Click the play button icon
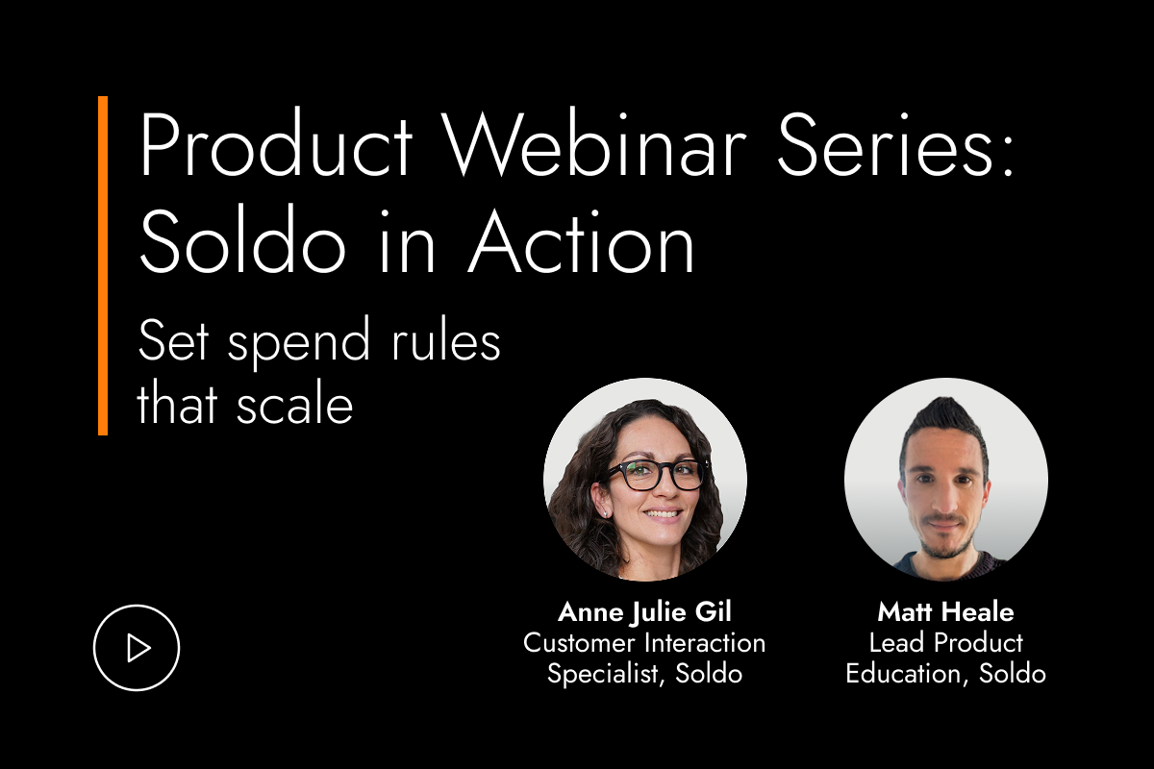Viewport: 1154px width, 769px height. pos(137,648)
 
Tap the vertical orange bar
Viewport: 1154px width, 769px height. pos(103,265)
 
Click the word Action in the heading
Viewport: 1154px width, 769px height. pos(581,240)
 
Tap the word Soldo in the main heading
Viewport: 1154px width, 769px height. pos(242,238)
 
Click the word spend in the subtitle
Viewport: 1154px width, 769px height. pos(299,343)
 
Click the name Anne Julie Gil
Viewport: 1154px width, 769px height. pos(644,612)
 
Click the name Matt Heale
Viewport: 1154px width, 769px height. pos(946,612)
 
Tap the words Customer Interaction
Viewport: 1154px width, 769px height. pos(644,643)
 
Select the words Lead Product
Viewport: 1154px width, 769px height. pos(946,643)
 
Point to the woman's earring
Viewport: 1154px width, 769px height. pos(605,513)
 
